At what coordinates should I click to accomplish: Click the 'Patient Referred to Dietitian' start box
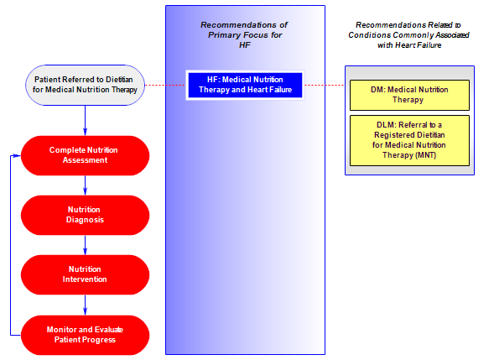coord(85,85)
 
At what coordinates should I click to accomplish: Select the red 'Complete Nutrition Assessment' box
coord(85,155)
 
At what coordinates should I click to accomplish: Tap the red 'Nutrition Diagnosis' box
coord(85,215)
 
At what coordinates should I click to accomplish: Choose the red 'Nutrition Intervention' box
coord(85,274)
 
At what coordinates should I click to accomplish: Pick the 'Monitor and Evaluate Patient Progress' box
coord(85,335)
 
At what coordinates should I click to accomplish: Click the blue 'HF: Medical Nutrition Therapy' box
coord(245,85)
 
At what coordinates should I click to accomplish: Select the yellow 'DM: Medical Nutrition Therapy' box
coord(409,95)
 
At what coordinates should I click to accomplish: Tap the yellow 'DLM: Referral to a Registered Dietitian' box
coord(409,140)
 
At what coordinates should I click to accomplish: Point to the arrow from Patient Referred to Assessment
coord(85,121)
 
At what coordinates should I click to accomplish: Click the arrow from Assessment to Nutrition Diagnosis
coord(85,185)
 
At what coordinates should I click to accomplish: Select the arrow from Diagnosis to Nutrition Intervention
coord(85,245)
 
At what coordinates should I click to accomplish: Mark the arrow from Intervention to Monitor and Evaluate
coord(85,305)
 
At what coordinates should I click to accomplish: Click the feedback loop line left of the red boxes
coord(11,245)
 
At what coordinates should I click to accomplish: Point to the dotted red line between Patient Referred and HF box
coord(165,85)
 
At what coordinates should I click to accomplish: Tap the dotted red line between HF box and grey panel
coord(325,85)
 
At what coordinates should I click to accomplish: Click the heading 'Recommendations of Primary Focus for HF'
coord(244,34)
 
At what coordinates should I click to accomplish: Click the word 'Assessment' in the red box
coord(85,160)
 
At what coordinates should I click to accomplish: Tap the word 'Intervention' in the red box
coord(85,279)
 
